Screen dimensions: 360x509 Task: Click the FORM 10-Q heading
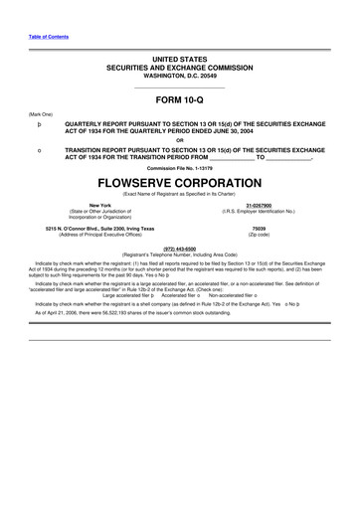(x=179, y=99)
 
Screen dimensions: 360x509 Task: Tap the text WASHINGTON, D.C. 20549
(x=180, y=77)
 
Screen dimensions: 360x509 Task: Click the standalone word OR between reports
(x=180, y=140)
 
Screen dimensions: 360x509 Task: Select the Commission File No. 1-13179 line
(x=180, y=167)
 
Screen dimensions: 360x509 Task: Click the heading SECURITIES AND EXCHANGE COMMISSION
(x=180, y=69)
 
